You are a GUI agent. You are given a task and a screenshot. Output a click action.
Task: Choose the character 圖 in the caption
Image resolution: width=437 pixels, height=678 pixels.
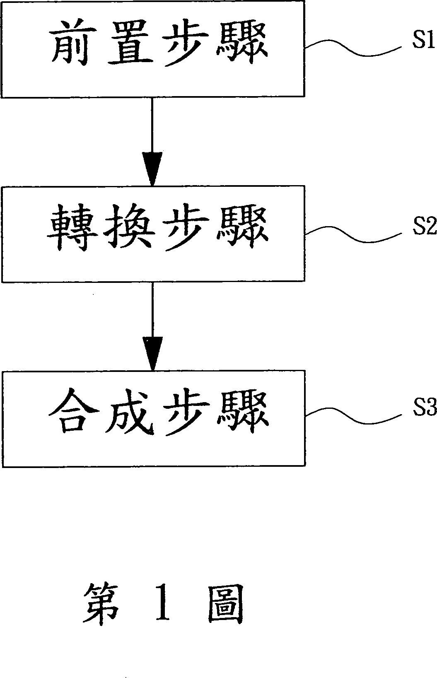coord(225,609)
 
